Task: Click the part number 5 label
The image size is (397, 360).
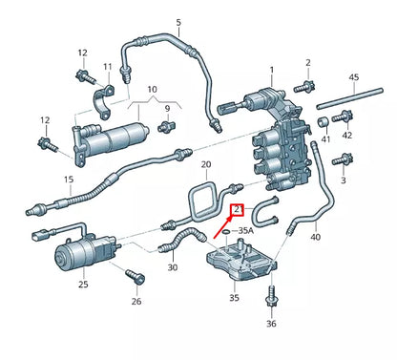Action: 178,21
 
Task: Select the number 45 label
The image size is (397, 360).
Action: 354,76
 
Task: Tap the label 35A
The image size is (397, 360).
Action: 245,230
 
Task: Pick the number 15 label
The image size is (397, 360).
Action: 41,179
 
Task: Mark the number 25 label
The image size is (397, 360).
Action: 83,285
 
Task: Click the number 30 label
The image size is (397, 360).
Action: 173,267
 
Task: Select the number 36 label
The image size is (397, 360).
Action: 271,324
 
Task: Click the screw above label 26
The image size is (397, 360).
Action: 135,277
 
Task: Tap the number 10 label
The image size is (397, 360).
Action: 153,89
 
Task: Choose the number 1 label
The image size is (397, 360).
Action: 270,70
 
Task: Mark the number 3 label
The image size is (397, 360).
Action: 343,180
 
